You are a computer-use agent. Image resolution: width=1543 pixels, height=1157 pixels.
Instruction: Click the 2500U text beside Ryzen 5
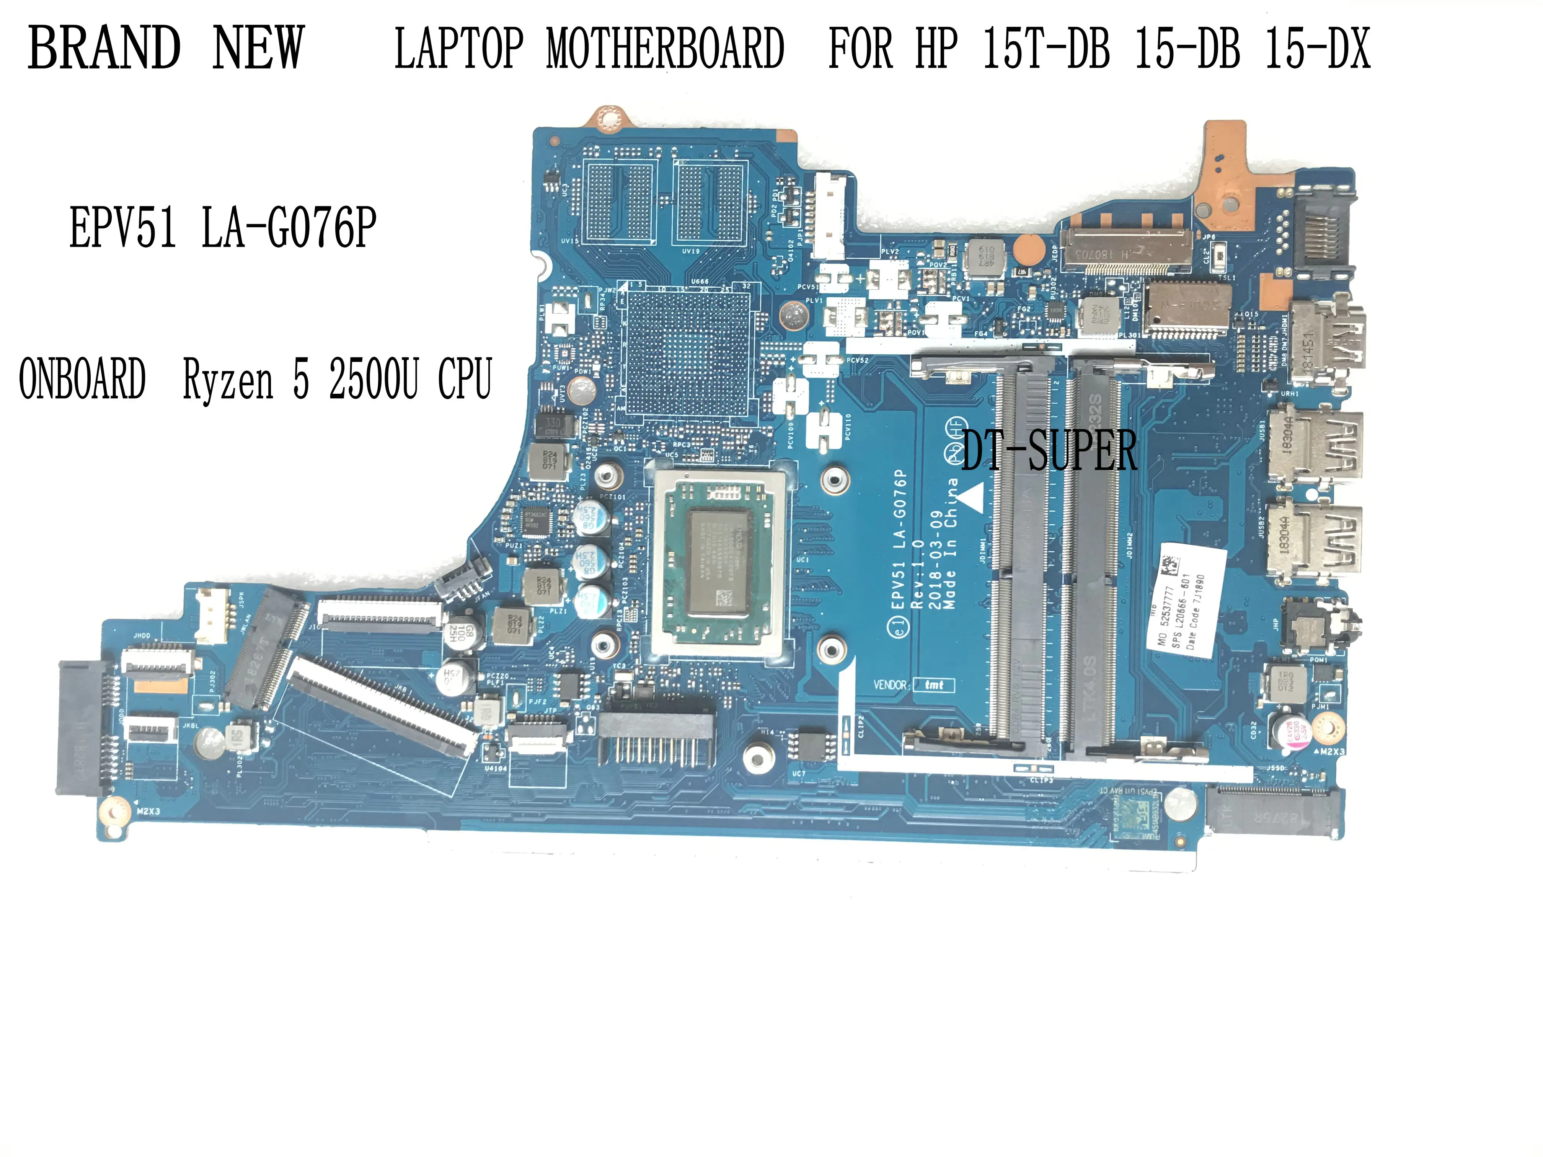374,380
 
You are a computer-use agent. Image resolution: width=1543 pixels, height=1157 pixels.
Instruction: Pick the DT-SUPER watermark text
1049,450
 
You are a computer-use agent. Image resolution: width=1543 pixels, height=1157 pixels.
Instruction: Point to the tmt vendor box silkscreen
933,685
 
